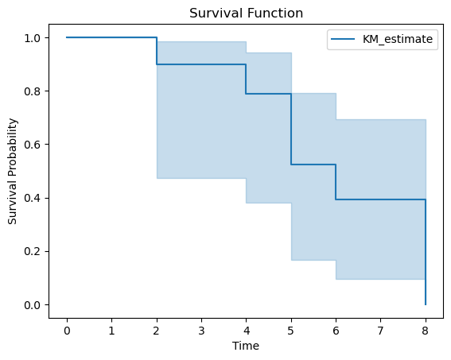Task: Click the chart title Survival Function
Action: pos(246,14)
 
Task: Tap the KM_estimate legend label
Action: pos(398,39)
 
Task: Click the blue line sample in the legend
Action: pos(343,39)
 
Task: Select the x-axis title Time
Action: pos(246,346)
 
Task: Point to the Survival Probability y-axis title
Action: pos(13,171)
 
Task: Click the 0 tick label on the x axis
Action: pos(67,331)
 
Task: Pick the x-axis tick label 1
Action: pos(111,331)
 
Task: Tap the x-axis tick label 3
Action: pos(201,331)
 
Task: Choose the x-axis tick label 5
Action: pos(291,331)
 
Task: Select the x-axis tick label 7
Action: pos(380,331)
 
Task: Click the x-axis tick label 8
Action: pos(426,331)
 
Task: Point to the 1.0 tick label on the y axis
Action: pos(32,38)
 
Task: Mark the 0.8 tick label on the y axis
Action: pos(32,91)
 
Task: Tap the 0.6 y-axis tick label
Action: pos(32,145)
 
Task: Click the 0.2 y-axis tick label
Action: pos(32,251)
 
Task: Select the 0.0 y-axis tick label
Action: pos(32,305)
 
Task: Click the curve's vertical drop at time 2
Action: pos(157,51)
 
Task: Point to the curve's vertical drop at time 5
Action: pos(291,129)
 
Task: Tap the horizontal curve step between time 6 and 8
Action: pos(380,199)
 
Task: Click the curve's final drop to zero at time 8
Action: pos(426,252)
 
